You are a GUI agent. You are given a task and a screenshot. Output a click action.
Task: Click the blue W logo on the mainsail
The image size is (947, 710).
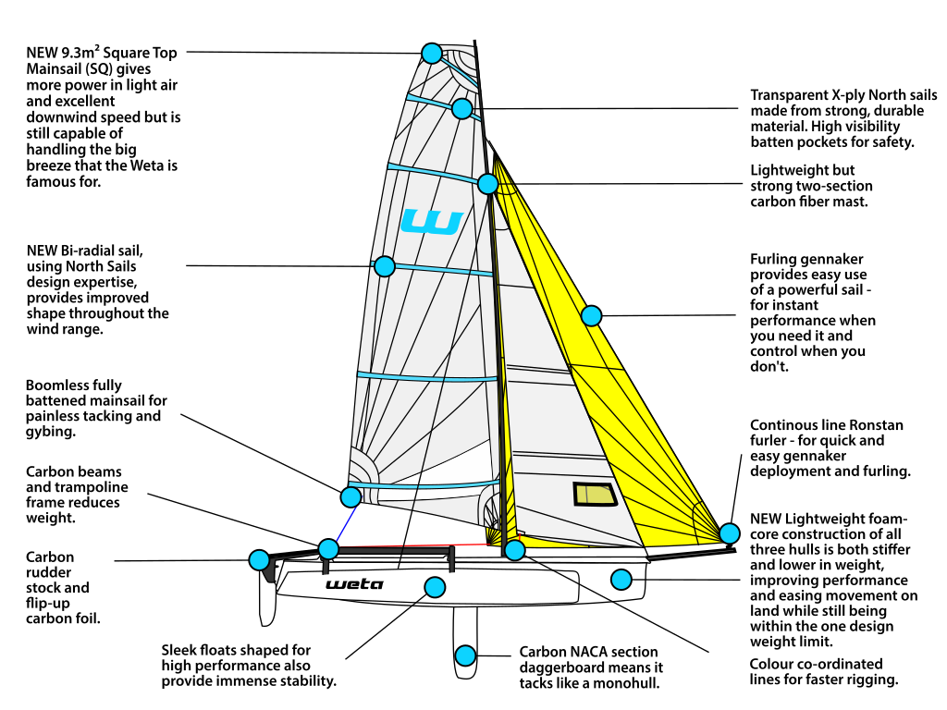pos(431,222)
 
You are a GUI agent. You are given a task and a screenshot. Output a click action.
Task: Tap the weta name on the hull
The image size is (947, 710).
pos(354,584)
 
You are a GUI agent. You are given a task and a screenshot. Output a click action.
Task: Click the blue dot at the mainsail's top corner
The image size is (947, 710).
pos(430,53)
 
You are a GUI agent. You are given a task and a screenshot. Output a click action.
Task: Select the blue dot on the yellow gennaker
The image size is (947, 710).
pos(592,315)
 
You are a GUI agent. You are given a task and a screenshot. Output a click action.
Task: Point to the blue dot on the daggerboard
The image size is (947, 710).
pos(465,655)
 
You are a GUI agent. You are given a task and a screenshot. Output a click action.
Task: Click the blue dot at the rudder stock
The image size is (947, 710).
pos(259,559)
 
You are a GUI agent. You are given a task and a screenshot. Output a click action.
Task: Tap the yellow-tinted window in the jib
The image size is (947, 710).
pos(596,495)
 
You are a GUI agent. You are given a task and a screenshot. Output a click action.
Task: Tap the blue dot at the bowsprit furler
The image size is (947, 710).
pos(729,533)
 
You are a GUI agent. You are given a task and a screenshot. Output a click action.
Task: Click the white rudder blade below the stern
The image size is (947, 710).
pos(266,601)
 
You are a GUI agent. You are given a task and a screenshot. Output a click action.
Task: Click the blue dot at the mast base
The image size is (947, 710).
pos(515,551)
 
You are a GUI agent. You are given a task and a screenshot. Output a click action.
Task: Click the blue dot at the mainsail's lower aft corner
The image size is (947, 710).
pos(350,496)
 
